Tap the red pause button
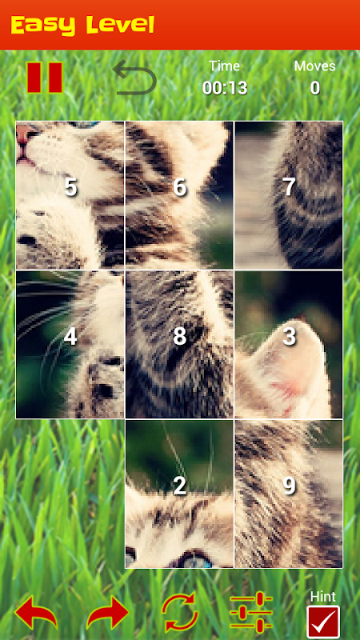(45, 78)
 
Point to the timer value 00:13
(225, 88)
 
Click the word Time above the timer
(225, 66)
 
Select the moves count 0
(314, 88)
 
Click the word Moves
(314, 66)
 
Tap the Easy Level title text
(82, 25)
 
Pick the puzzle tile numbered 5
(70, 195)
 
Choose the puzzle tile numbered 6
(179, 195)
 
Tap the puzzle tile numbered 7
(289, 195)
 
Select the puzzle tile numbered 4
(70, 345)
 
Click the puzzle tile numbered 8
(179, 345)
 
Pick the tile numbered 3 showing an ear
(289, 345)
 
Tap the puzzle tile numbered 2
(179, 494)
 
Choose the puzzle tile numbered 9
(289, 494)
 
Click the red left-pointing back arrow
(36, 612)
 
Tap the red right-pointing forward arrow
(108, 612)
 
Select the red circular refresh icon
(179, 612)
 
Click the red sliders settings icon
(251, 612)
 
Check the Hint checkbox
(323, 622)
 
